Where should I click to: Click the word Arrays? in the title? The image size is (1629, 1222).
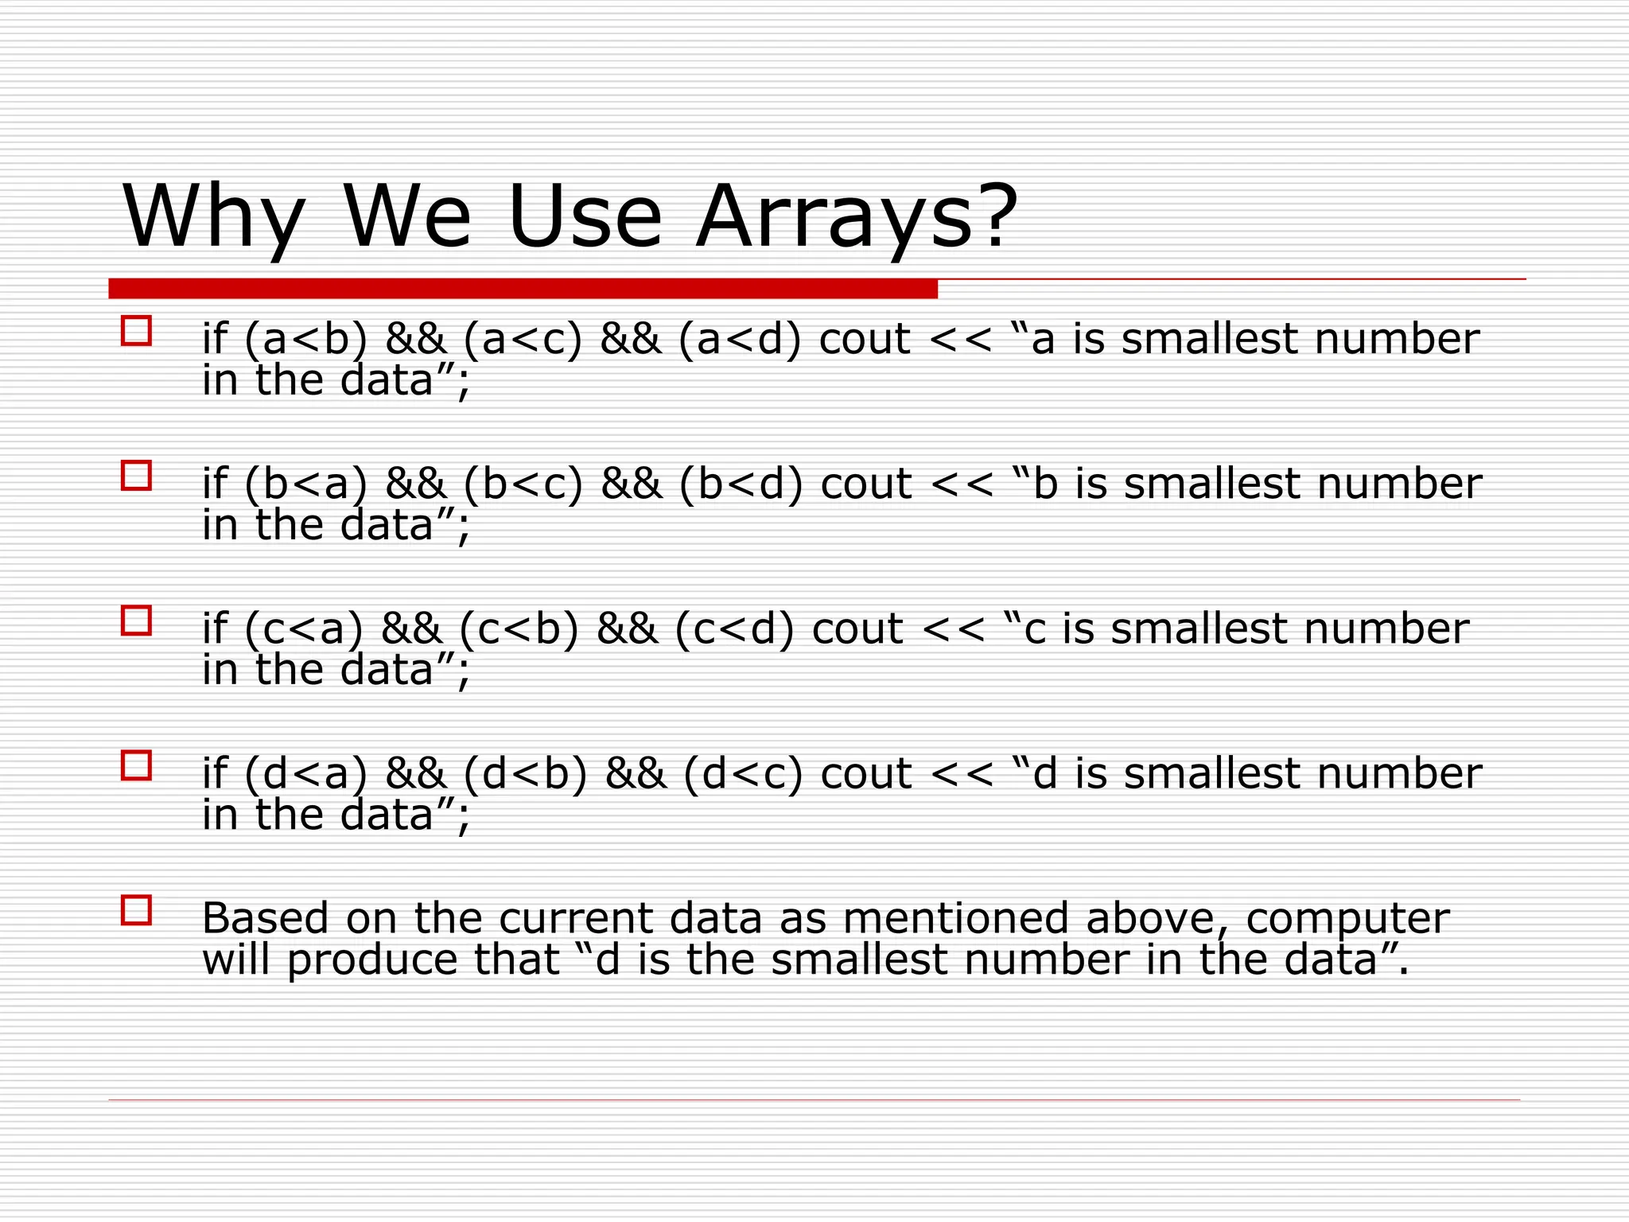[x=856, y=216]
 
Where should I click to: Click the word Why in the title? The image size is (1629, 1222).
[x=213, y=216]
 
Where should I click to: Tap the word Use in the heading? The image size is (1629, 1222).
[x=584, y=216]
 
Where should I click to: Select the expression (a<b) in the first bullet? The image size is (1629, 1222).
[x=306, y=339]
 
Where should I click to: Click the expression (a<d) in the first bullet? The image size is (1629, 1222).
[x=740, y=339]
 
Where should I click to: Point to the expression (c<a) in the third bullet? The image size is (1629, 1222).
[x=304, y=629]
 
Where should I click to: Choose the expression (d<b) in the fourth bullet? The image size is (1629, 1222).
[x=525, y=773]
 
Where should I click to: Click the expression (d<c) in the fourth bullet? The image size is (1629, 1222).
[x=743, y=773]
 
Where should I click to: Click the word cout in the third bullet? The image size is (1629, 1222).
[x=857, y=629]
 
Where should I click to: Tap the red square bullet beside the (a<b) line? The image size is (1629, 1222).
[x=136, y=331]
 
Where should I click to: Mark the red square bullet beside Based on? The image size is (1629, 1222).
[x=136, y=909]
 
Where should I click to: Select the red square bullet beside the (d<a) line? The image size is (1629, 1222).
[x=136, y=765]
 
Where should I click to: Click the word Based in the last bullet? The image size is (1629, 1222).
[x=265, y=918]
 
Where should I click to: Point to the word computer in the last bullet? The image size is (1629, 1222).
[x=1347, y=920]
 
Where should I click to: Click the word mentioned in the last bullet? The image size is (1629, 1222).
[x=958, y=918]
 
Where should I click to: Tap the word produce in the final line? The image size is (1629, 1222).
[x=371, y=960]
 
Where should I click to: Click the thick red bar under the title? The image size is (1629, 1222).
[x=523, y=288]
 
